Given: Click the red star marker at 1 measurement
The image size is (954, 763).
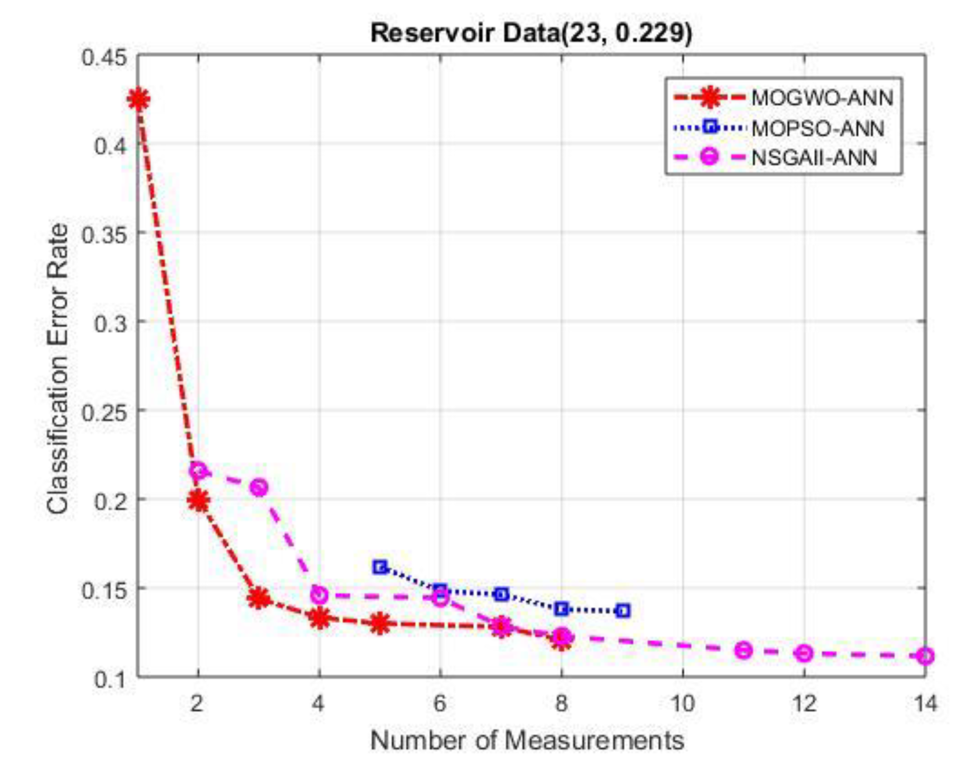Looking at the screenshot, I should coord(139,99).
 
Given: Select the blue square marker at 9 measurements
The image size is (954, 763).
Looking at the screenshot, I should coord(623,611).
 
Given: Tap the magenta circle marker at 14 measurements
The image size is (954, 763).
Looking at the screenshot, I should coord(925,656).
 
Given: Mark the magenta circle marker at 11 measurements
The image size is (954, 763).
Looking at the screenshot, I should coord(744,650).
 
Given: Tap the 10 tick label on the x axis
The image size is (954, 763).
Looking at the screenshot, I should coord(683,703).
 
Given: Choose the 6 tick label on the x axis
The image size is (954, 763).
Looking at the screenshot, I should coord(440,703).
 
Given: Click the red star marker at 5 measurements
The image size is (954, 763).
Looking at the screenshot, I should coord(380,624).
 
